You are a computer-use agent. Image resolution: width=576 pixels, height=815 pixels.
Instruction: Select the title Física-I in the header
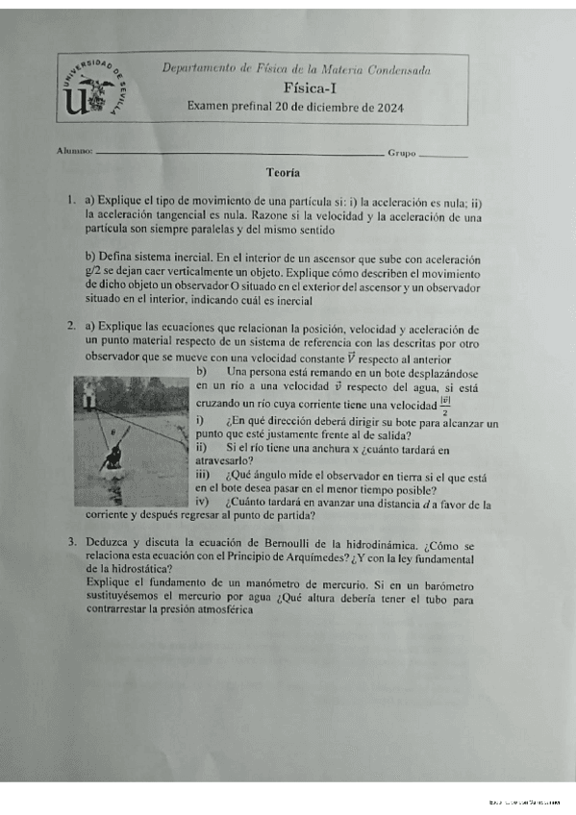point(295,86)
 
